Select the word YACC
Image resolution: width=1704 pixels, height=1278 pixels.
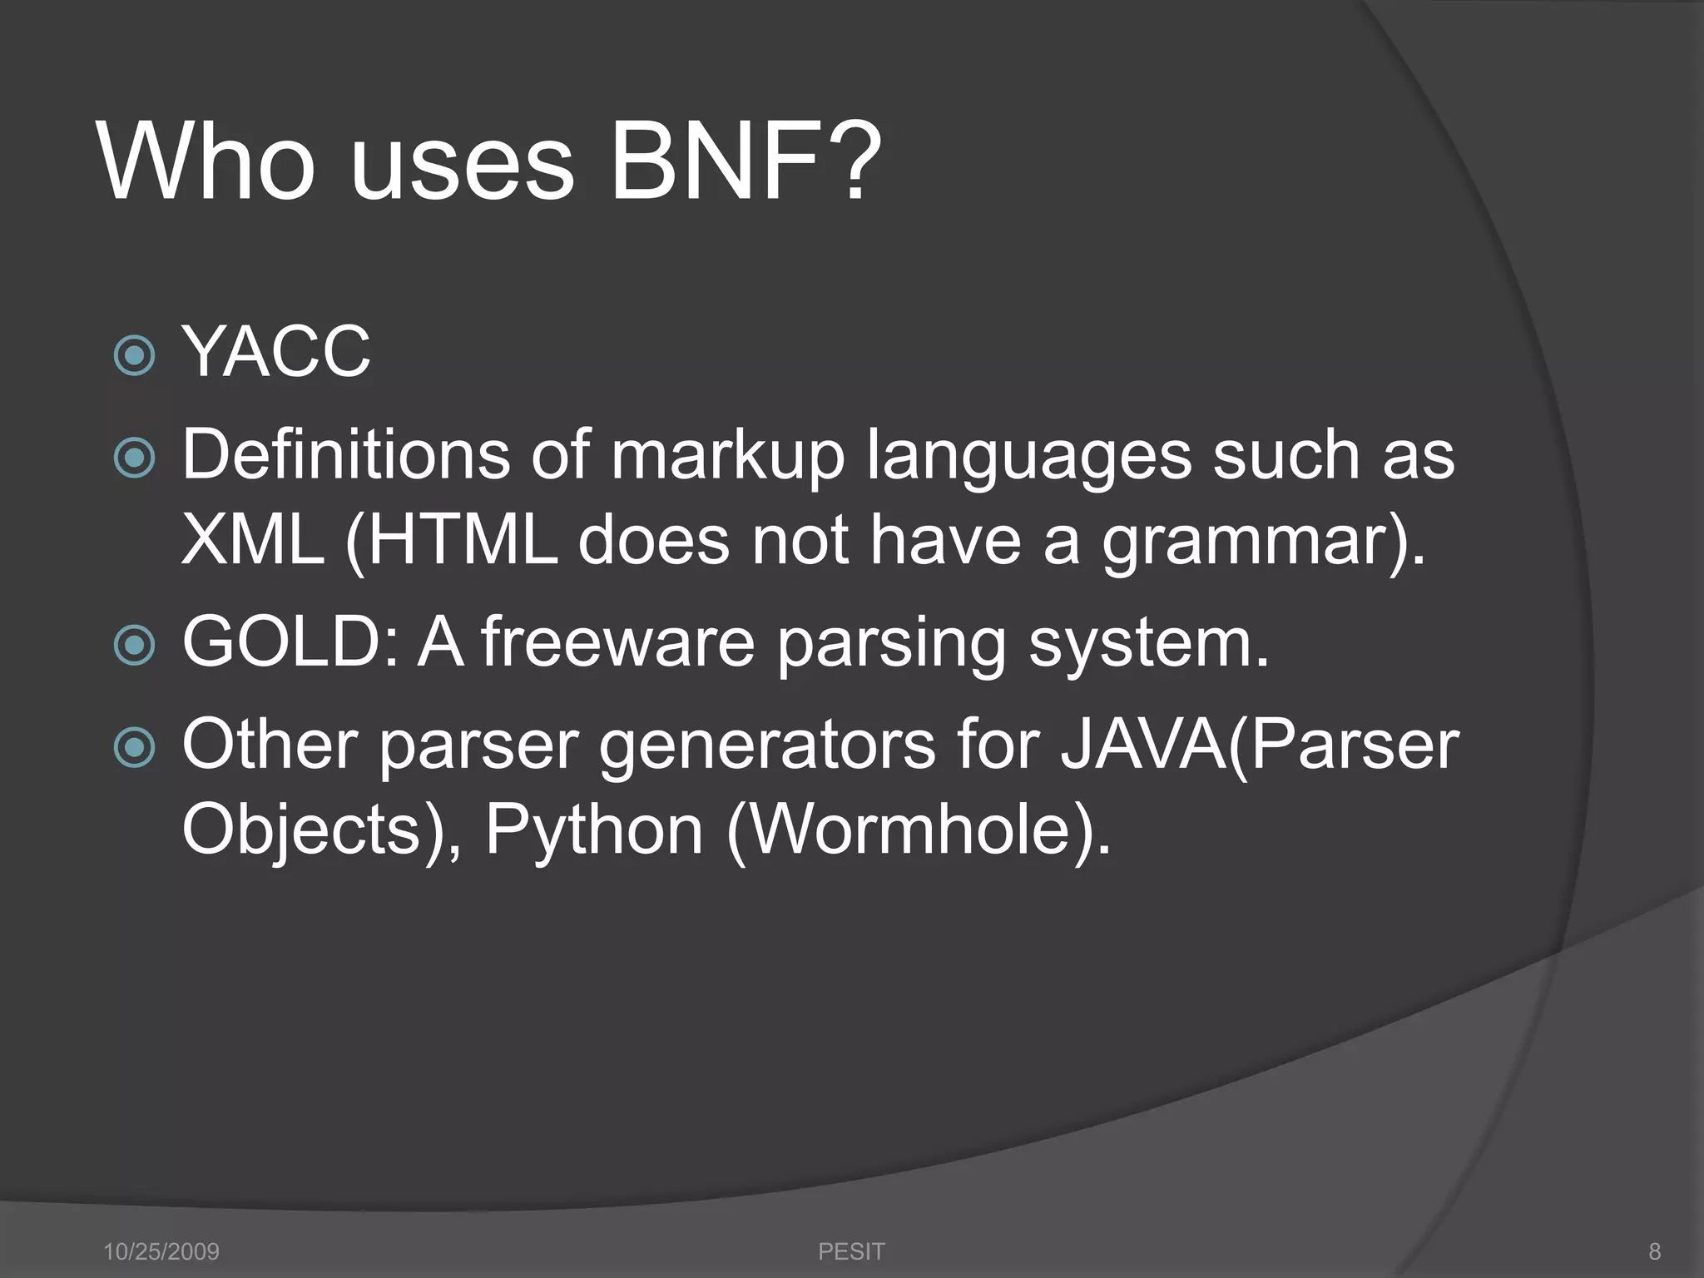point(276,352)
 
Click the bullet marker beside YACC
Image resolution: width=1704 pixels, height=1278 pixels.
point(134,355)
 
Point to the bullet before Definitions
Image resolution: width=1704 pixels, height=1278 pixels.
point(134,458)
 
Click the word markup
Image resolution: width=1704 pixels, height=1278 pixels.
point(728,456)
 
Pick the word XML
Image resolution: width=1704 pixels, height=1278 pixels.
point(252,540)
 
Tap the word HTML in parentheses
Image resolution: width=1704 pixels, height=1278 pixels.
point(462,540)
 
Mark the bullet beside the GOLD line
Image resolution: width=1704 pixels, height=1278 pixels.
point(134,645)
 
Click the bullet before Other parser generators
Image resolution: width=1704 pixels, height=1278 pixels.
point(134,746)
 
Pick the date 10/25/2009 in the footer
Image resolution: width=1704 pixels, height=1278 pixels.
point(161,1251)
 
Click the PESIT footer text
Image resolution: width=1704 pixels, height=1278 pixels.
point(851,1251)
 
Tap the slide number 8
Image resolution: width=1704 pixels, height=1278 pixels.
point(1654,1251)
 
